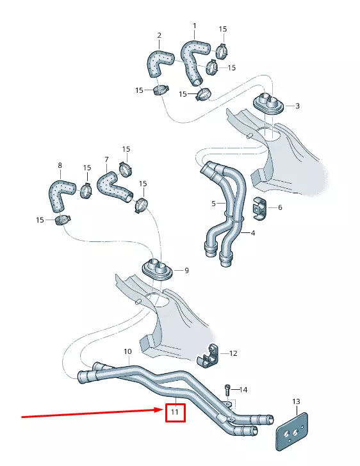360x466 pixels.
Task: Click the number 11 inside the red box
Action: [174, 413]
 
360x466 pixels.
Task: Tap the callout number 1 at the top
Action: [195, 26]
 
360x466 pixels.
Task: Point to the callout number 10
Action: [127, 351]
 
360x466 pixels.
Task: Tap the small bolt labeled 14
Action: [227, 389]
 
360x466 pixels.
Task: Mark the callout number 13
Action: [296, 401]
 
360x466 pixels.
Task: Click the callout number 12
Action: [233, 353]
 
